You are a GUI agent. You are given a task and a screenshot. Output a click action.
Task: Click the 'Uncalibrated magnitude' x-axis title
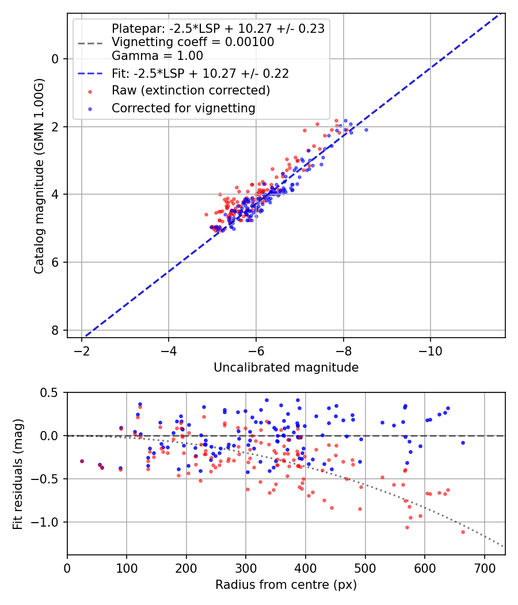(286, 368)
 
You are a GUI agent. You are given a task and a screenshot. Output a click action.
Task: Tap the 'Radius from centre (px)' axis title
(286, 585)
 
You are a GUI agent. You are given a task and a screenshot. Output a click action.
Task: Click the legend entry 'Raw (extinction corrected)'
(191, 90)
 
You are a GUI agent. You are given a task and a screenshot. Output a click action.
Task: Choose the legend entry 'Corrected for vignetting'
(184, 108)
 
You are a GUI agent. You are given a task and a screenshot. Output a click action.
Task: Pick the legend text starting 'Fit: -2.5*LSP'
(200, 73)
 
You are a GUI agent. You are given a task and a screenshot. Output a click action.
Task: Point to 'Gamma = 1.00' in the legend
(157, 56)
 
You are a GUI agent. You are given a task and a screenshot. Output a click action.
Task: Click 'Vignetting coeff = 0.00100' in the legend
(193, 42)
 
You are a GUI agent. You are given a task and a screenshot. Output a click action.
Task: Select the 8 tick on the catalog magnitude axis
(55, 330)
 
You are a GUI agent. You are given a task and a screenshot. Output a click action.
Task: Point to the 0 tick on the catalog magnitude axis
(55, 59)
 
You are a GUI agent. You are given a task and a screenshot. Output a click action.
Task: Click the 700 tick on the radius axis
(484, 568)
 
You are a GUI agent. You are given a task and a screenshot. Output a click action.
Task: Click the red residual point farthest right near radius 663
(463, 532)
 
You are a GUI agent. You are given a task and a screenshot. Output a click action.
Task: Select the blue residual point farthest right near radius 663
(463, 443)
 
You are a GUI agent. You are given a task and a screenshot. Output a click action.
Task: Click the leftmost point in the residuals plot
(82, 461)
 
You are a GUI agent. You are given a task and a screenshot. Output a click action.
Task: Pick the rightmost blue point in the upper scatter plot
(366, 130)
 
